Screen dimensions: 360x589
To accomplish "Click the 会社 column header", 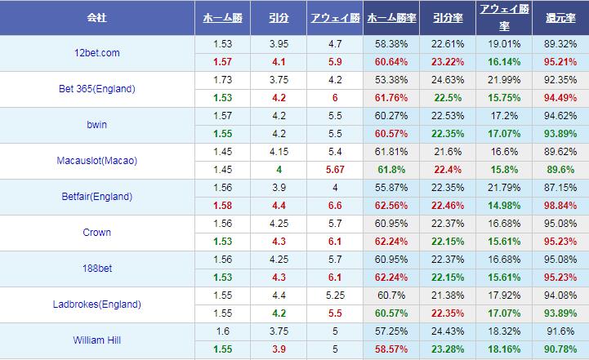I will [x=97, y=17].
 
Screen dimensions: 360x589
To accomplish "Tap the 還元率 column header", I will [x=560, y=17].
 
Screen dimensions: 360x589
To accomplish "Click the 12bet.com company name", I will [x=97, y=53].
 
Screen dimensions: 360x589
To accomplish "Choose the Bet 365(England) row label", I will [x=97, y=89].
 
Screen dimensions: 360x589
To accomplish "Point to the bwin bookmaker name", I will [x=97, y=125].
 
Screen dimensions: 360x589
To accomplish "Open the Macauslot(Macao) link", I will [x=97, y=161].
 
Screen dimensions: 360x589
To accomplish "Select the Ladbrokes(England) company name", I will [x=97, y=304].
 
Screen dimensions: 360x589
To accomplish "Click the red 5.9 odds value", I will [x=335, y=61].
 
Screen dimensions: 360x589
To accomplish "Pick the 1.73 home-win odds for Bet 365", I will [x=221, y=80].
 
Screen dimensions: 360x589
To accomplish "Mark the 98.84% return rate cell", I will [x=560, y=205].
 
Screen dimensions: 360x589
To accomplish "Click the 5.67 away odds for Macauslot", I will [x=335, y=169].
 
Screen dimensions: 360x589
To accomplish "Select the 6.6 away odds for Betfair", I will [x=335, y=205].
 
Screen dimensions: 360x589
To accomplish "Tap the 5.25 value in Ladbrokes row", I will [x=335, y=296].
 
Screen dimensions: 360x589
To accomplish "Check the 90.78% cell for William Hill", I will [x=560, y=349].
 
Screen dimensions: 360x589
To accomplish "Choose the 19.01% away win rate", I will [x=503, y=44].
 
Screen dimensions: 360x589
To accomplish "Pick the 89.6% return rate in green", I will [x=560, y=169].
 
